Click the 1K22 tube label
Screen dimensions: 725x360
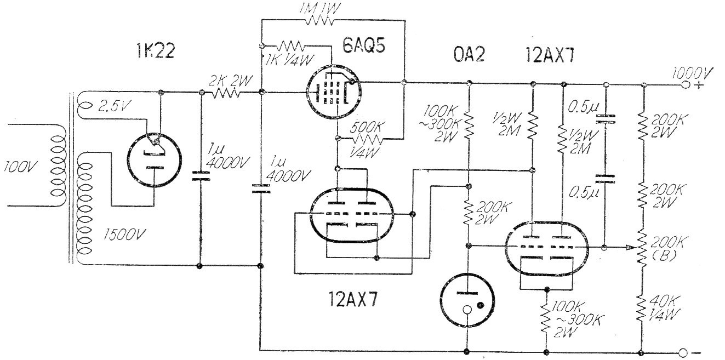point(156,51)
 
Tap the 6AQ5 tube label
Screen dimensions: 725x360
point(364,45)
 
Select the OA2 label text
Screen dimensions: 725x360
point(469,54)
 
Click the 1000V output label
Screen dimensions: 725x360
point(692,73)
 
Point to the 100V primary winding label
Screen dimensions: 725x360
point(19,167)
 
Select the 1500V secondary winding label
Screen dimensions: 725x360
point(124,235)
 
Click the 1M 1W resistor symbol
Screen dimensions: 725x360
point(319,21)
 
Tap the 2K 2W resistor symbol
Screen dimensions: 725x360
point(226,93)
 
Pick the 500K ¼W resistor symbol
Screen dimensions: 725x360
point(368,139)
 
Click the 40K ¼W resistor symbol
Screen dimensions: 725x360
point(642,308)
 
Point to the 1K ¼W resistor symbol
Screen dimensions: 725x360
point(291,45)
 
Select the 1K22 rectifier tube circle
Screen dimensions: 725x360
point(154,161)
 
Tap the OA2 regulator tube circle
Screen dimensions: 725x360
point(467,300)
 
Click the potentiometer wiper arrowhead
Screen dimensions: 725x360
point(633,248)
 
